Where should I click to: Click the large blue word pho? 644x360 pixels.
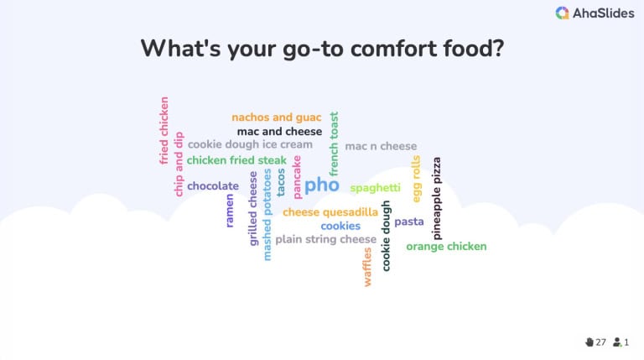point(322,185)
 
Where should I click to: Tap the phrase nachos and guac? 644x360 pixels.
point(276,117)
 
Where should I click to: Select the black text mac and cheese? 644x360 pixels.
point(279,132)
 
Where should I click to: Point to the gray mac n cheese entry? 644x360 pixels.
point(381,146)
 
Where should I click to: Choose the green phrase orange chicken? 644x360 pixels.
point(446,247)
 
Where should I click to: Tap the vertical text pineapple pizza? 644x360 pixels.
point(436,198)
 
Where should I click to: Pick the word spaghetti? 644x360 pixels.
point(376,187)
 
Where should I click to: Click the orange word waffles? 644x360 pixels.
point(367,267)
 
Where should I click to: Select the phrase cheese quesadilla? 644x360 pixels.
point(330,212)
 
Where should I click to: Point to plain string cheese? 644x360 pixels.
point(326,239)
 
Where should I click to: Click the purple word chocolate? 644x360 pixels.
point(213,186)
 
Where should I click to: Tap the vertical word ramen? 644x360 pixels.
point(230,211)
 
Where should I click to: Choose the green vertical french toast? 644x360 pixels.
point(334,143)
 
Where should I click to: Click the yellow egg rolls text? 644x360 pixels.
point(416,179)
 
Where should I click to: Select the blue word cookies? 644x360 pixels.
point(340,226)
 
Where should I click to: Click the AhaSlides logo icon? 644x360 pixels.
point(563,13)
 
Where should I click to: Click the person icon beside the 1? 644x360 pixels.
point(617,342)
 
